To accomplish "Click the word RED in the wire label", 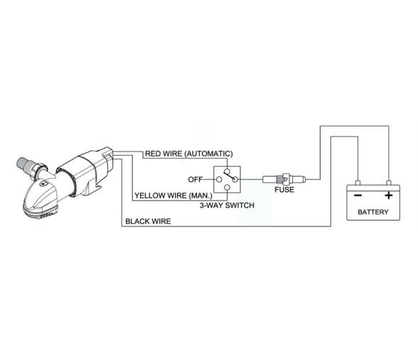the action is (x=153, y=154).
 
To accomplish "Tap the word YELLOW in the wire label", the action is (x=149, y=195).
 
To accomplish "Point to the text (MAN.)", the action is (x=201, y=195).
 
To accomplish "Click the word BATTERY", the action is (x=373, y=212).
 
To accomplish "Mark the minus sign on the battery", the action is (x=358, y=194).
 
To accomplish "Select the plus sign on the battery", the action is (x=389, y=194).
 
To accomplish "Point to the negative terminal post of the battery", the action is (x=358, y=182).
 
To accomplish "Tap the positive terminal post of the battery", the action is (x=389, y=182).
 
